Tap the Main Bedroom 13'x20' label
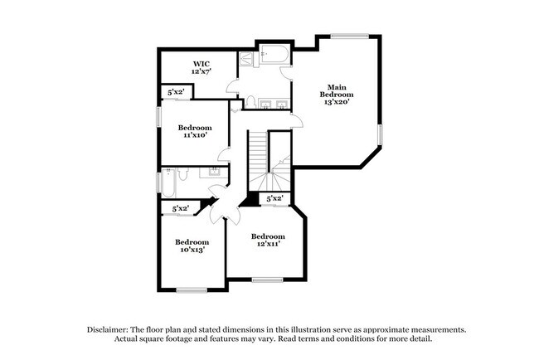pos(336,94)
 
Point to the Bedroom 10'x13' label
pos(190,246)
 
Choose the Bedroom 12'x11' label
pos(268,240)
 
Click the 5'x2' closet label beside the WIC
pos(175,93)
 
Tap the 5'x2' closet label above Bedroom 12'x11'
pos(275,198)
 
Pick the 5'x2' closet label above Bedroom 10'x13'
pos(180,209)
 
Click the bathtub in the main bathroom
pos(271,56)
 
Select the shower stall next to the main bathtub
pos(245,60)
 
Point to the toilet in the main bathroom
pos(250,102)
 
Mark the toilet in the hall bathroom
pos(185,173)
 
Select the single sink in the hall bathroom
pos(215,172)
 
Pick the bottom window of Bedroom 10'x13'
pos(192,289)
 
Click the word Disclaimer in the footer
pos(110,329)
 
